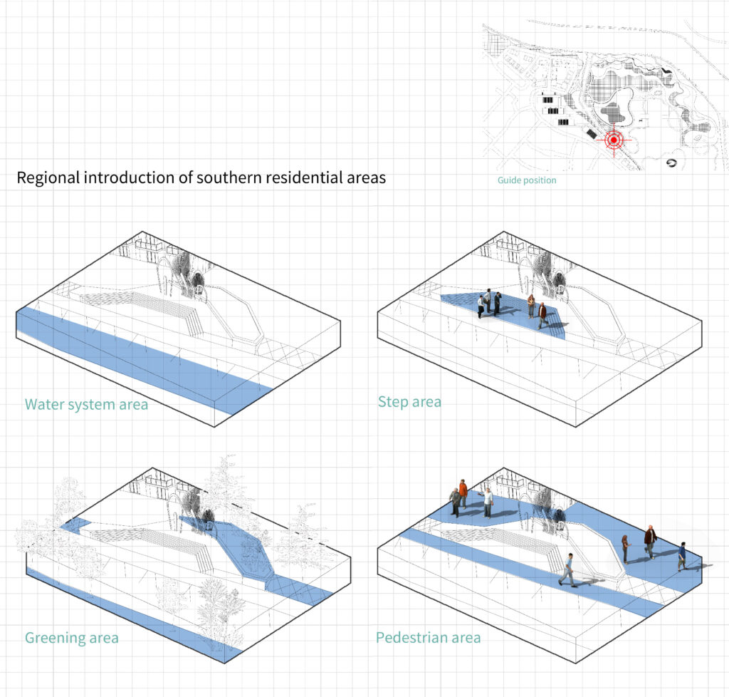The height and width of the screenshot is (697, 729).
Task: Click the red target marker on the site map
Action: coord(614,139)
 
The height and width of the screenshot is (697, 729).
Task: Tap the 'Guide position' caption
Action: coord(527,180)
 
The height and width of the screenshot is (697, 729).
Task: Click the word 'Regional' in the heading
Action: coord(48,177)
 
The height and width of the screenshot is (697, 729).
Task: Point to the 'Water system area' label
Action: coord(86,405)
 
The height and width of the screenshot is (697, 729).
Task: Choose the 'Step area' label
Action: coord(409,402)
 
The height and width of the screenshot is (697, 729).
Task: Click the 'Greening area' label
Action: coord(71,637)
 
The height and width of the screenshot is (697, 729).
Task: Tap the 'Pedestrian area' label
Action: coord(428,637)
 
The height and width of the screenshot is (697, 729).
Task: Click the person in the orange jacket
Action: coord(463,493)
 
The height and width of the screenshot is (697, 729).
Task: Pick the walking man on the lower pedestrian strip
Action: coord(567,569)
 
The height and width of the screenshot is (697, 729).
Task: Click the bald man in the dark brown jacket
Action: coord(650,542)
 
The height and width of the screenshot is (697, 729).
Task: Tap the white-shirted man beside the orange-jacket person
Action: coord(488,502)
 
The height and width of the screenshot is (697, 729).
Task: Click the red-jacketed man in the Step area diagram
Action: coord(542,315)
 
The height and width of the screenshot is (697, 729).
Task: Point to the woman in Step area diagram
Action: coord(531,306)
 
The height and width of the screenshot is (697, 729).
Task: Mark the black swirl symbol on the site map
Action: coord(671,163)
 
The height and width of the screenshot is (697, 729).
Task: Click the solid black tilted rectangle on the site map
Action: coord(591,134)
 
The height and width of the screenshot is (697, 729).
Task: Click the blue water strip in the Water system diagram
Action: coord(142,360)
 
